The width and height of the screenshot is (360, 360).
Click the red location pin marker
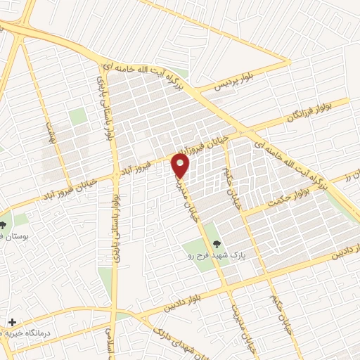tap(181, 166)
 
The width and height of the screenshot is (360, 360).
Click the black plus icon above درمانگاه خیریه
tap(12, 322)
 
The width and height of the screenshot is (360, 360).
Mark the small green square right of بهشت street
tap(77, 117)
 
